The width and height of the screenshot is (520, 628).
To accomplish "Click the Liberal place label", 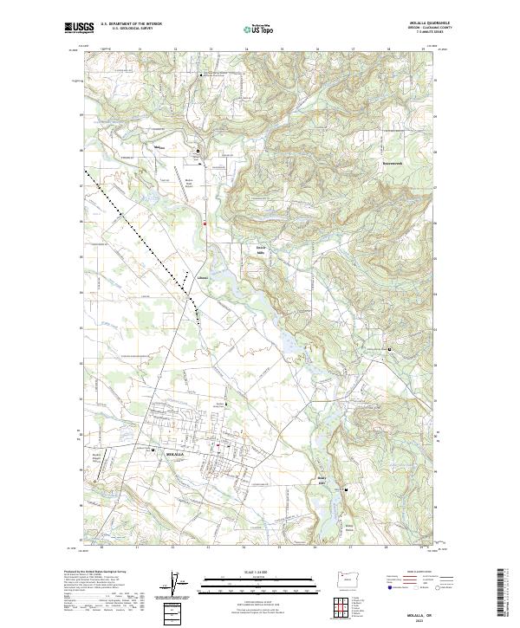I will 203,278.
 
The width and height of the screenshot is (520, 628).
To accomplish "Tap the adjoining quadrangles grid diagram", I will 345,605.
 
